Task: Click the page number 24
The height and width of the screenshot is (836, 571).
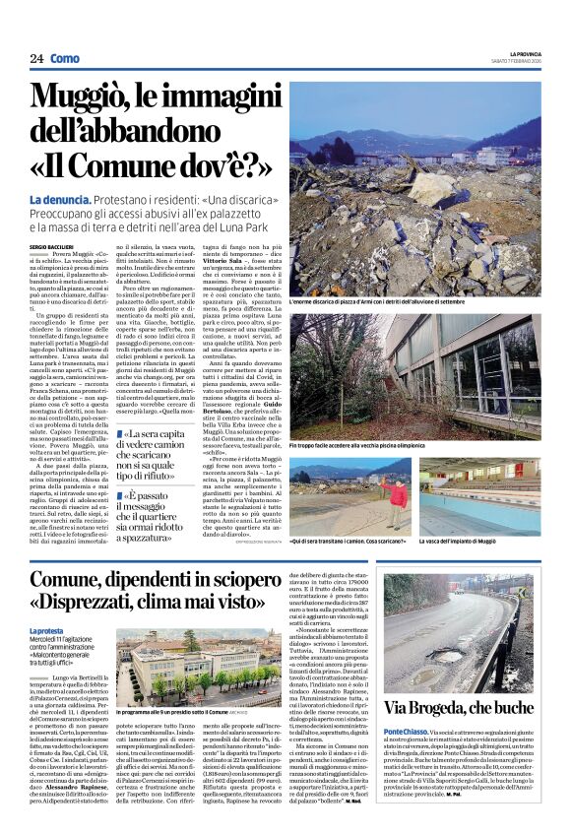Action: click(x=35, y=58)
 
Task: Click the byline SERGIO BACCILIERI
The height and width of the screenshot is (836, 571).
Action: click(x=57, y=245)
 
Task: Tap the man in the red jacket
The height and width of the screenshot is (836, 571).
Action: click(x=373, y=491)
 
